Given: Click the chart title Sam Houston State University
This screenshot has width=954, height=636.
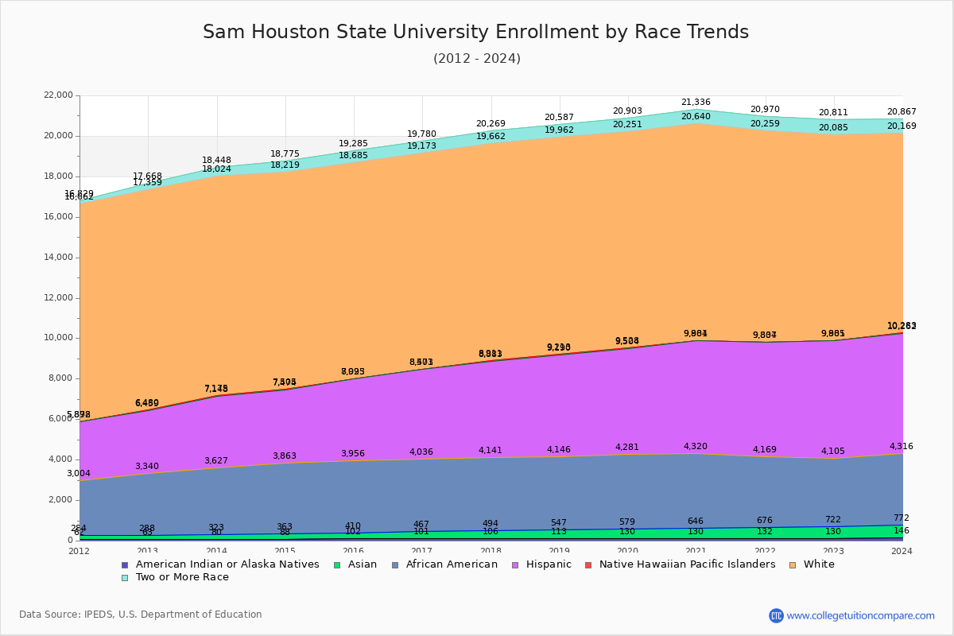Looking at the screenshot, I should coord(475,32).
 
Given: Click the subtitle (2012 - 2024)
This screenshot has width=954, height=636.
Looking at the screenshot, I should coord(476,59).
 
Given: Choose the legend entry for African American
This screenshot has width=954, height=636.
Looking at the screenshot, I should coord(451,564).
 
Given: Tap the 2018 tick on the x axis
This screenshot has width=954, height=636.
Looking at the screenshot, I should coord(491,551).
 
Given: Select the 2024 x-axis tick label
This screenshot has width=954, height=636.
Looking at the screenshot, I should coord(902,551).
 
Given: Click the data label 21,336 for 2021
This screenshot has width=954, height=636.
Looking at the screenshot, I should coord(696,103).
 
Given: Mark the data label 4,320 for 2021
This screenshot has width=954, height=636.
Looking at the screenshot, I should coord(696,447).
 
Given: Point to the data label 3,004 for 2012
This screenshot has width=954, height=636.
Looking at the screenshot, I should coord(78,474).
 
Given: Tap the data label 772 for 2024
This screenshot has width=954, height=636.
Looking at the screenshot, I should coord(901,518).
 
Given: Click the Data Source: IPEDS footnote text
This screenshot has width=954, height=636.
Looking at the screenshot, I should coord(140,615).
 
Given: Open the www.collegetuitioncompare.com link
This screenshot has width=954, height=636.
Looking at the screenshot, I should coord(860,615).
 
